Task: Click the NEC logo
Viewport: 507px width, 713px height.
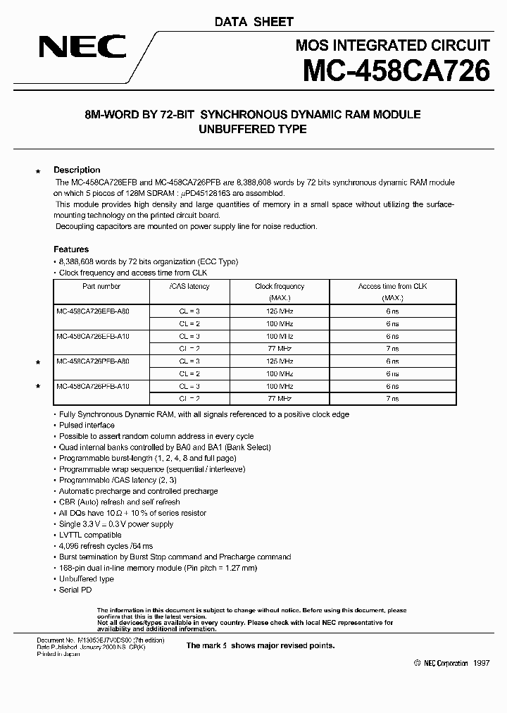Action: [x=82, y=47]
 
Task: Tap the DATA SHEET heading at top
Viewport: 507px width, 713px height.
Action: [x=254, y=22]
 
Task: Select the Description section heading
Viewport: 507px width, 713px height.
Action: [x=77, y=170]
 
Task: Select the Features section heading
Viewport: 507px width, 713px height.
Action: [x=71, y=249]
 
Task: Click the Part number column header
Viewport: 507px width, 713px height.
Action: [x=101, y=287]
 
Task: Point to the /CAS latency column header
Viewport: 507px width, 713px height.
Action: [x=189, y=287]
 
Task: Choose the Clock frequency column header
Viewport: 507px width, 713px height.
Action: [x=280, y=287]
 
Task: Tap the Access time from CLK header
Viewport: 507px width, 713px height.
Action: [x=392, y=287]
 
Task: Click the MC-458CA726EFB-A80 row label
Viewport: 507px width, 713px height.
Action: [x=92, y=311]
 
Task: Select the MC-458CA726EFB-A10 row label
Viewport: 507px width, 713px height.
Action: [x=92, y=336]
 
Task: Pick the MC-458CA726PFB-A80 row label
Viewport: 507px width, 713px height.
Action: [x=92, y=361]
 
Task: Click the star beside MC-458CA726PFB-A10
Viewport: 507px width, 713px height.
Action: [x=39, y=387]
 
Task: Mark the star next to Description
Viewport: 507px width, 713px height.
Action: [x=39, y=171]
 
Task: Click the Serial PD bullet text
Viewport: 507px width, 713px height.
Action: [x=75, y=590]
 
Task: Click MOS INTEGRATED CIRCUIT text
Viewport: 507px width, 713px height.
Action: [x=392, y=46]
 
